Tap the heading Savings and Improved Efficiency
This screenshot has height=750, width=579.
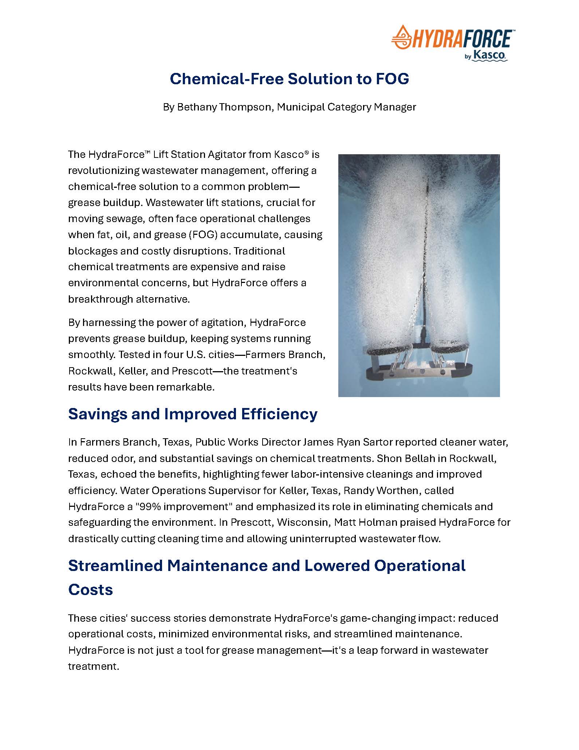point(193,414)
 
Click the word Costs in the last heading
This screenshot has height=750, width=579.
point(90,590)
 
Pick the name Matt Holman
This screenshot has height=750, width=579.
point(365,522)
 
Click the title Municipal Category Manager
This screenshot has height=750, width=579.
point(346,107)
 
